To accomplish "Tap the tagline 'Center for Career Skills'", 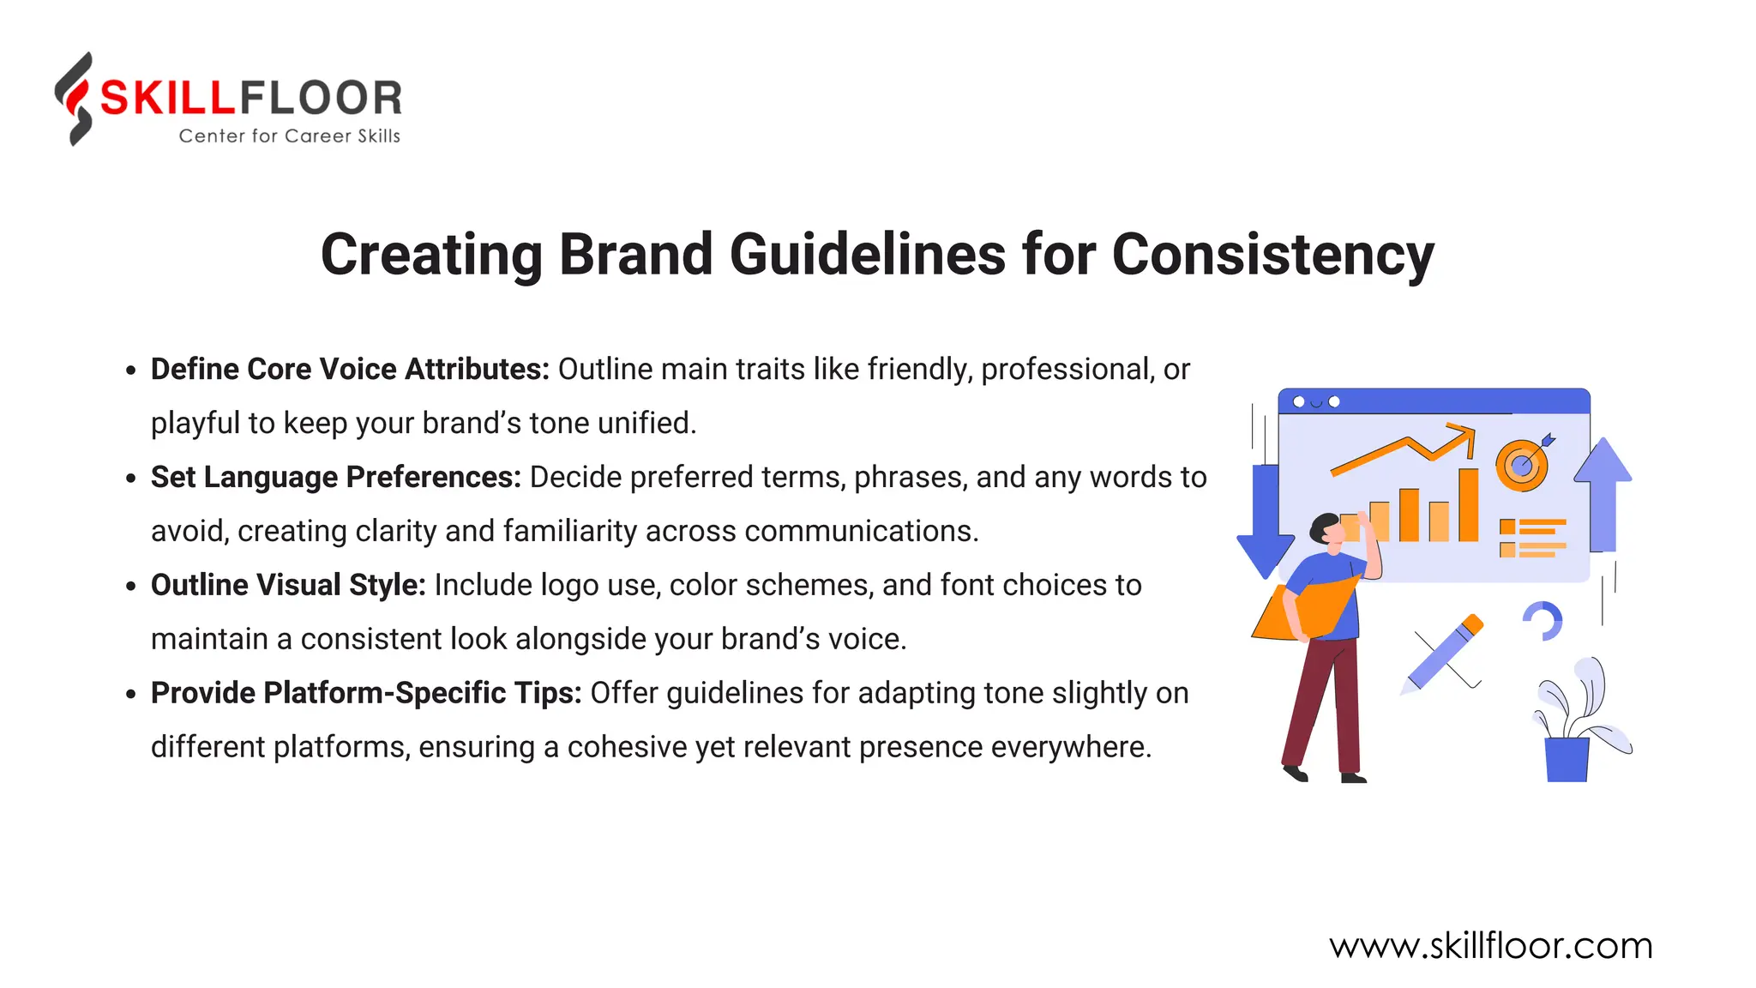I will click(x=289, y=136).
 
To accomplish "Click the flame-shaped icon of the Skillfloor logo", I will click(x=75, y=98).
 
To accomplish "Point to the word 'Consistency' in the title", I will click(x=1272, y=255).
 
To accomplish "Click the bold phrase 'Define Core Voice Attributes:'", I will click(x=350, y=370).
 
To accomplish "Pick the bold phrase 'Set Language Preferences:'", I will click(x=335, y=478).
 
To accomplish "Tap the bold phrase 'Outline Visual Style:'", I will click(x=288, y=586).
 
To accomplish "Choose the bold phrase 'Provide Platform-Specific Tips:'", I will click(x=366, y=694).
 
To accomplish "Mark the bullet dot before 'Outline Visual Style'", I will click(x=130, y=587).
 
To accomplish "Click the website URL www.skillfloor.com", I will click(x=1490, y=947).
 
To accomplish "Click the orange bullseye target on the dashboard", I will click(x=1522, y=466).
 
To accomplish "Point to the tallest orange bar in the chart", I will click(x=1468, y=505).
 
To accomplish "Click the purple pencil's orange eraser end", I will click(x=1473, y=623).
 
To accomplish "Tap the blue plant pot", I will click(x=1567, y=759).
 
